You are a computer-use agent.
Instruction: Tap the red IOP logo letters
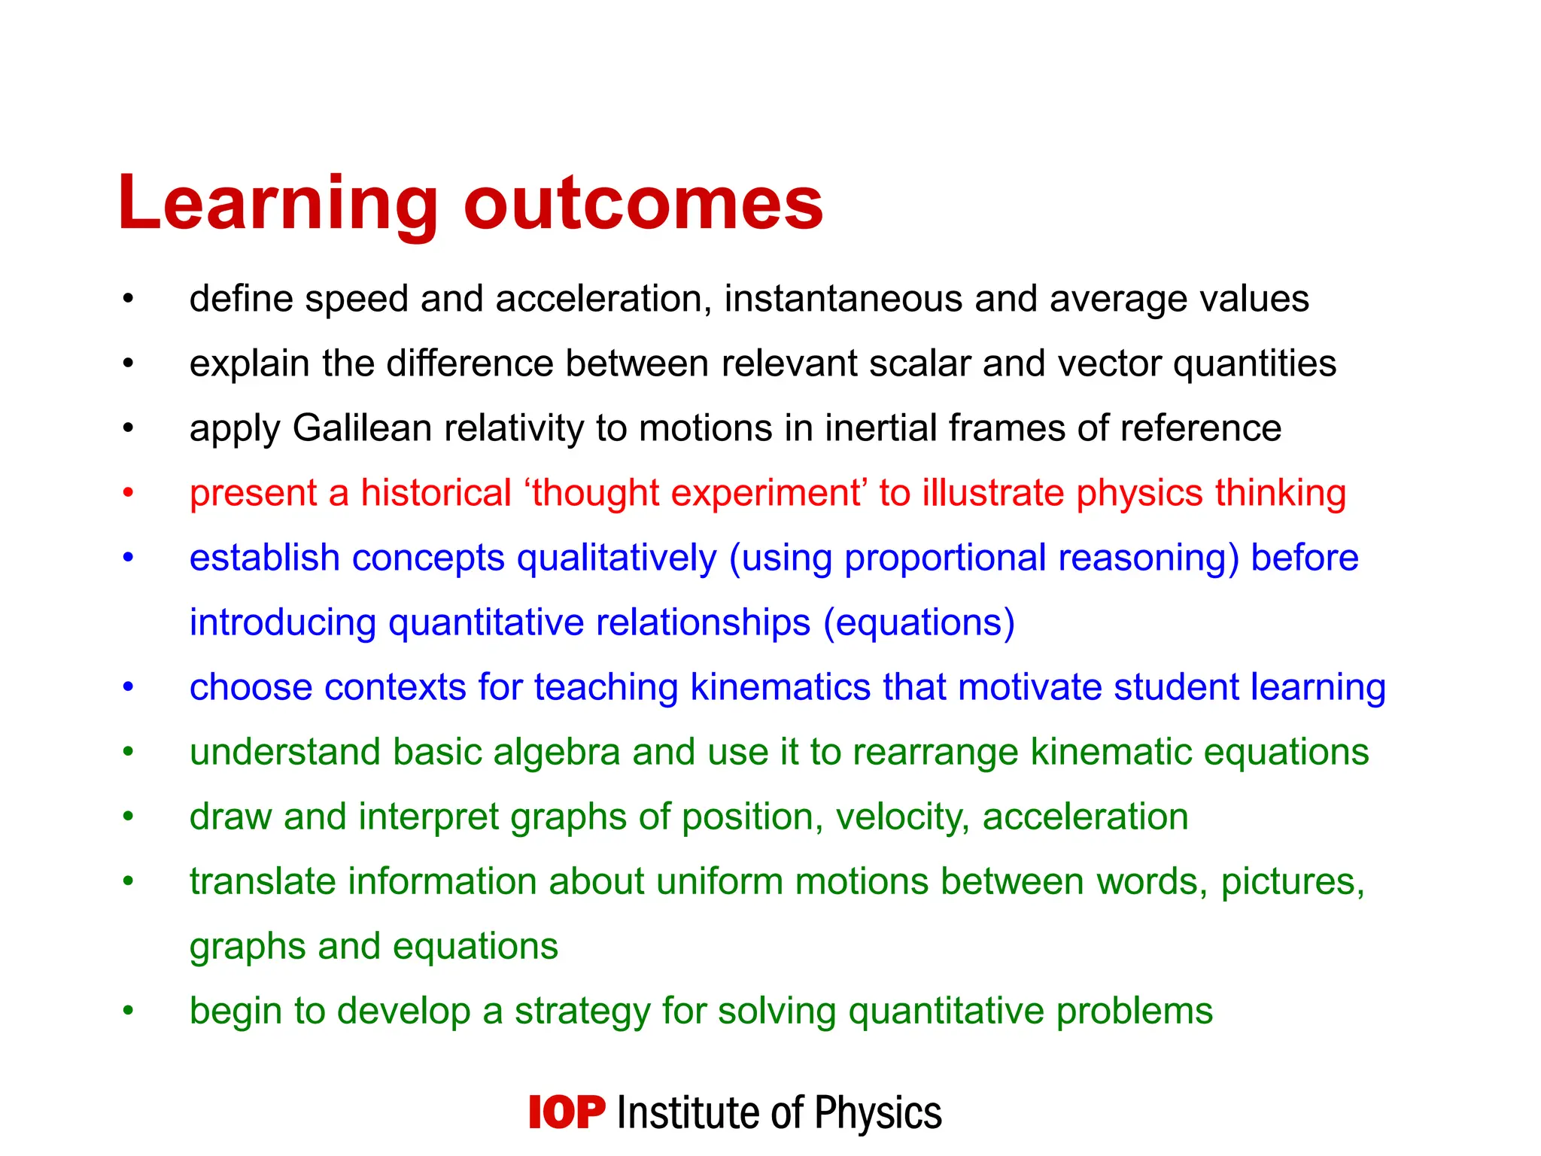click(566, 1112)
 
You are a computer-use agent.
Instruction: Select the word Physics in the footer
click(878, 1113)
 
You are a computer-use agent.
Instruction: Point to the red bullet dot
click(129, 493)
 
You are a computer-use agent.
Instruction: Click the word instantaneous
click(843, 299)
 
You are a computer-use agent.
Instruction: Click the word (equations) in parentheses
click(919, 623)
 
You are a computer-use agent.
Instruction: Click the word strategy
click(582, 1011)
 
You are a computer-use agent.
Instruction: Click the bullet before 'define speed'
click(129, 299)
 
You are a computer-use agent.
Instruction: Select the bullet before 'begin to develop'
click(129, 1011)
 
